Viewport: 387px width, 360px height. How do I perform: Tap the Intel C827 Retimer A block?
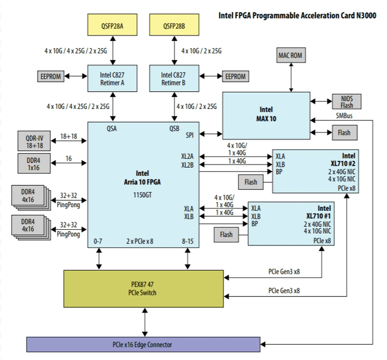coord(113,79)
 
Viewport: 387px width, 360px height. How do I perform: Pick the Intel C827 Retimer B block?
coord(174,79)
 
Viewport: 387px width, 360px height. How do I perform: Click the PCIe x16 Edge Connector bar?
coord(143,344)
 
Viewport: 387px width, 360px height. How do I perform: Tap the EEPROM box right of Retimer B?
coord(235,76)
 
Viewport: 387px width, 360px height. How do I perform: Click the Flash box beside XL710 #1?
coord(227,234)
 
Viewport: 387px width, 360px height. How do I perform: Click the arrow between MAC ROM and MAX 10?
coord(291,77)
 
